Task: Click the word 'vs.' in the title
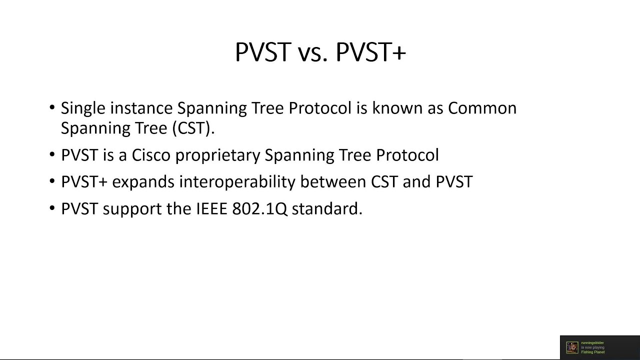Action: (312, 52)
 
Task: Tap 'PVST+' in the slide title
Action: (370, 52)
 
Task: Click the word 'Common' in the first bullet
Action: (482, 108)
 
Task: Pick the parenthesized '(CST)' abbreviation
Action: (193, 128)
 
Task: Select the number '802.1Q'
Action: (259, 209)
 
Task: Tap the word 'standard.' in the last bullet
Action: (326, 209)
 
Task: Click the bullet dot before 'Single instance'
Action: (52, 108)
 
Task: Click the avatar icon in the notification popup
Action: (572, 347)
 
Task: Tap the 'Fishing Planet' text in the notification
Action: (592, 352)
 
